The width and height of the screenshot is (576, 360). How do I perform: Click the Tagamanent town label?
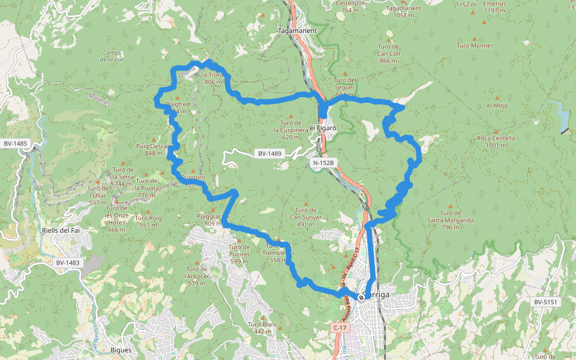293,29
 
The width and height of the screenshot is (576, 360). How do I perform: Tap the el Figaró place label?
323,128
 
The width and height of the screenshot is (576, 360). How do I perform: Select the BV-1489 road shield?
270,154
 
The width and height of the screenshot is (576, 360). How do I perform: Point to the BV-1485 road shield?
15,143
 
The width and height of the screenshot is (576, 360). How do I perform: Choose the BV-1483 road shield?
68,263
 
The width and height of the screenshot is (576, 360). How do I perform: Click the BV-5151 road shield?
546,302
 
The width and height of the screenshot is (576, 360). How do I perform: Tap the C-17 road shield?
340,328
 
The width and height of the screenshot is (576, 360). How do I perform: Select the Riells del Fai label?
61,230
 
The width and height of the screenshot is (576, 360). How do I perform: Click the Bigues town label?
121,350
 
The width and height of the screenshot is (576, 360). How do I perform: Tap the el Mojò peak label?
497,106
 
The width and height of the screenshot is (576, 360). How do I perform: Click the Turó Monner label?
475,46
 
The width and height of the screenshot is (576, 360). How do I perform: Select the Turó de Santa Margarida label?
451,217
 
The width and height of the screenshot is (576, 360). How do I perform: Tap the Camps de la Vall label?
112,56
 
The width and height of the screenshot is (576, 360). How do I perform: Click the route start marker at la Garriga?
360,296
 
